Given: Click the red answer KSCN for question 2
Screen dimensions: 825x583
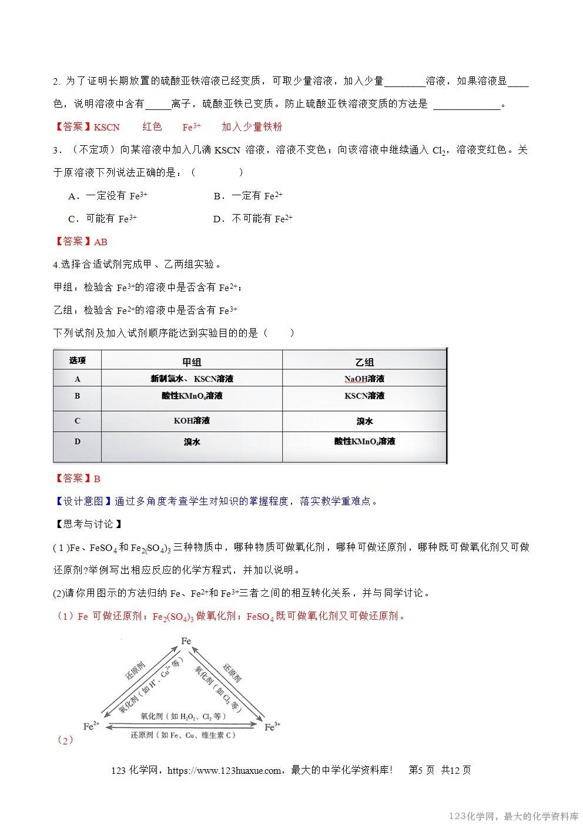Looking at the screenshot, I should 106,127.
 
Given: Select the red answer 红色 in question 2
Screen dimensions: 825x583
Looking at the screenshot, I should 152,127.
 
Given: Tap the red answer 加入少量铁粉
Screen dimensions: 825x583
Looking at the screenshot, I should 252,127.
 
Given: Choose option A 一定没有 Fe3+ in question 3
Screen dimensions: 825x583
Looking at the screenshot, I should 108,196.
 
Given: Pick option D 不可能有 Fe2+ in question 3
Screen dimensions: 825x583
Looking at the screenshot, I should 253,219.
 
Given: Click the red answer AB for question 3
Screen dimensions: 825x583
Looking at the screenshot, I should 100,242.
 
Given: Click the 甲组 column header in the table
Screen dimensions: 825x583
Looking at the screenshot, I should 192,362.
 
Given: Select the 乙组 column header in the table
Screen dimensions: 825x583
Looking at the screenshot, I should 364,362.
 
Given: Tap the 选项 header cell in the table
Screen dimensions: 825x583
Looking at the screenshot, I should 78,360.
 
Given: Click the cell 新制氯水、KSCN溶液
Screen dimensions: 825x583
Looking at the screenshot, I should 192,379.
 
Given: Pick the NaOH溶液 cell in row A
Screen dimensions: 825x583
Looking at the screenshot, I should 364,379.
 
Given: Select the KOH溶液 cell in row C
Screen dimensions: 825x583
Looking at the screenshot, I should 192,421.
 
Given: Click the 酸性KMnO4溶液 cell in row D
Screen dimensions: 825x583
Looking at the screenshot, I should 364,441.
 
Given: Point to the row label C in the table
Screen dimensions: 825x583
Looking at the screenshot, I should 78,421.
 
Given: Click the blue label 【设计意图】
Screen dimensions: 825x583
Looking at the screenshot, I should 82,502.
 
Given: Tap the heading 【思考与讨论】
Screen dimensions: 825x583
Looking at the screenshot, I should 88,524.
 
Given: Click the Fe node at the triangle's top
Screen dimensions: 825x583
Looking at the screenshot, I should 186,641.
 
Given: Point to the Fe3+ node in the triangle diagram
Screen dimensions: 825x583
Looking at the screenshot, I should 270,727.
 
